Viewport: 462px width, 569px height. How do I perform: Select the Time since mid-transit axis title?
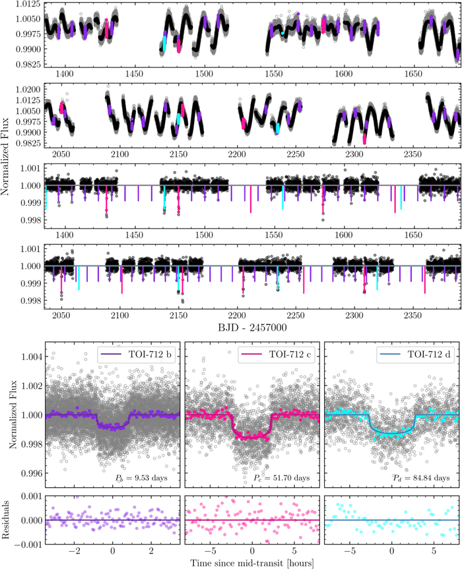(x=251, y=562)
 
